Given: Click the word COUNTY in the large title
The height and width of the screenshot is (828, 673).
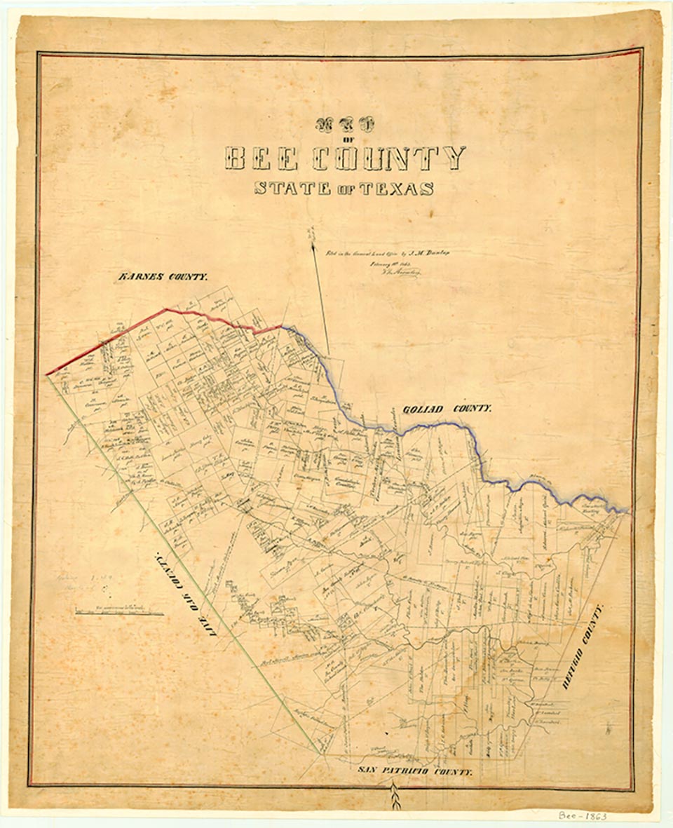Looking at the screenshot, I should [x=388, y=158].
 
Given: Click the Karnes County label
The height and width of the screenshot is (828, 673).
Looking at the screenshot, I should [x=162, y=277].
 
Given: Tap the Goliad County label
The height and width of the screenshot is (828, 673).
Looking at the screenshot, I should [x=447, y=408].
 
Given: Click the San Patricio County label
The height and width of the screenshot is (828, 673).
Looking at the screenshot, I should [x=414, y=770].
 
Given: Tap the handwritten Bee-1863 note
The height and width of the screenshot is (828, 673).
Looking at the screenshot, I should [x=583, y=816].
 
